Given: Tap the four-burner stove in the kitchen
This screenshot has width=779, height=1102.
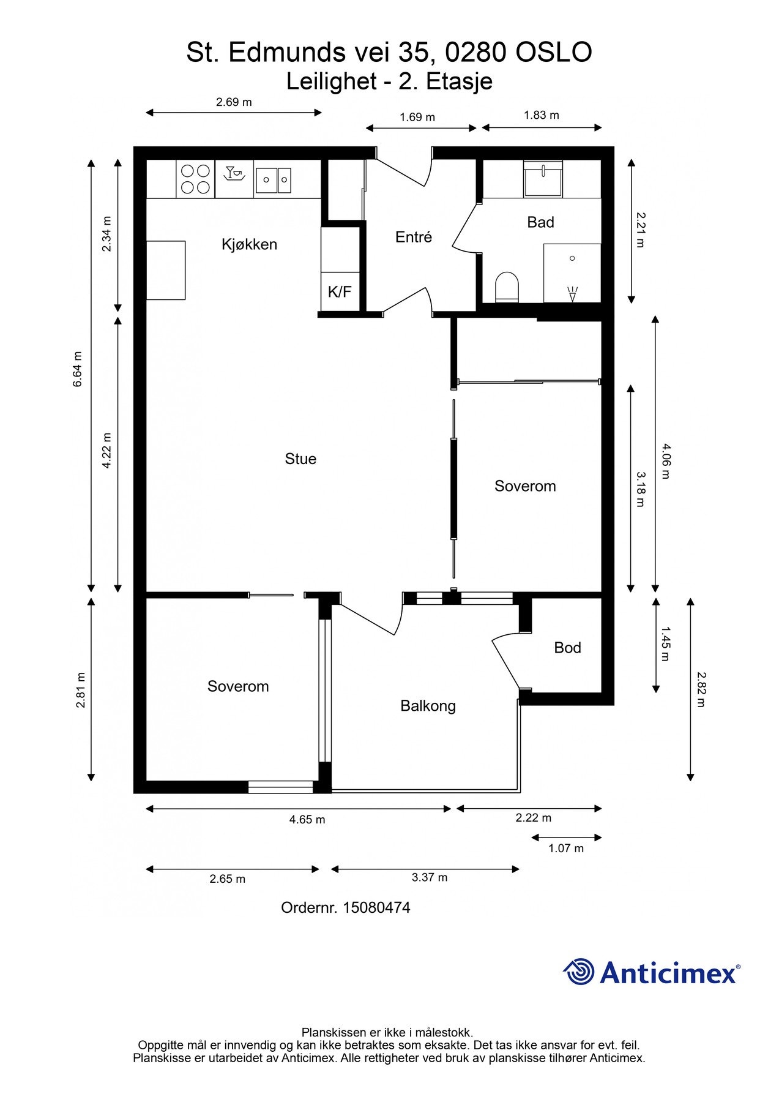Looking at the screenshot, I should (195, 179).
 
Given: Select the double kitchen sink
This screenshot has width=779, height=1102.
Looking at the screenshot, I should (274, 179).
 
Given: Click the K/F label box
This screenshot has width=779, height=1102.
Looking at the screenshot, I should (340, 291).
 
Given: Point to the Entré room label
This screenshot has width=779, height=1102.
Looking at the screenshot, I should (414, 237).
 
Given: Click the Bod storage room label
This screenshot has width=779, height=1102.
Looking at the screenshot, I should (567, 648).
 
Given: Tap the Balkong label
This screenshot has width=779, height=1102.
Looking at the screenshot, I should (428, 706).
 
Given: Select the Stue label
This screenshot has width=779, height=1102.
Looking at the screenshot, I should (300, 459).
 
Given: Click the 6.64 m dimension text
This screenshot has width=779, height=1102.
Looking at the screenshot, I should (77, 369).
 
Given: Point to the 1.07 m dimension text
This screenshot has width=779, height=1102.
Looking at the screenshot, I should (566, 848).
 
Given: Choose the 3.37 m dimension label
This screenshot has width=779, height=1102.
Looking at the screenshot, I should (429, 877).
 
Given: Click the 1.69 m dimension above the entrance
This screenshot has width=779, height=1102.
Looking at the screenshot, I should (417, 117).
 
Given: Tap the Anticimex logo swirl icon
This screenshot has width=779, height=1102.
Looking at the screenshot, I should (579, 972).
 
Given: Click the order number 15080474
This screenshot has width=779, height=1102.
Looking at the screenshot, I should (376, 907).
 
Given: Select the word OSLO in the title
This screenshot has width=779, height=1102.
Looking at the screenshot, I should (553, 53).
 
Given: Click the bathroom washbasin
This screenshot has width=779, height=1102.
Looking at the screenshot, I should (543, 179).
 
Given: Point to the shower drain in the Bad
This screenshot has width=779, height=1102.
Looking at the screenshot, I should (572, 258).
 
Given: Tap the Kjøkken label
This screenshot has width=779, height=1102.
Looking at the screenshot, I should (249, 244).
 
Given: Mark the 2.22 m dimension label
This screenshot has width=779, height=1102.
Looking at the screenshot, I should (533, 817).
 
